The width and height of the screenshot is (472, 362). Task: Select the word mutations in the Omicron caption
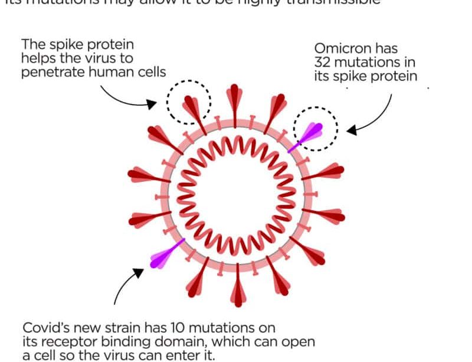pyautogui.click(x=371, y=63)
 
